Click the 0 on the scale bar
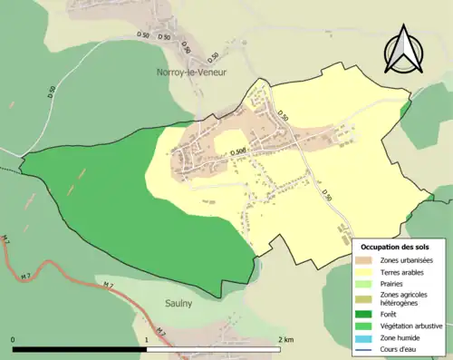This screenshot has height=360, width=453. tap(13, 339)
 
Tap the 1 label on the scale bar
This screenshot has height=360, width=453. tap(147, 339)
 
